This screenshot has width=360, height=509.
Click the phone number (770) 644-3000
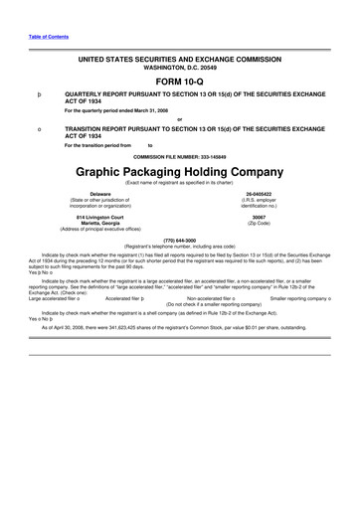click(179, 240)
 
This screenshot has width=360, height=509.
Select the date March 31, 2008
click(152, 110)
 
